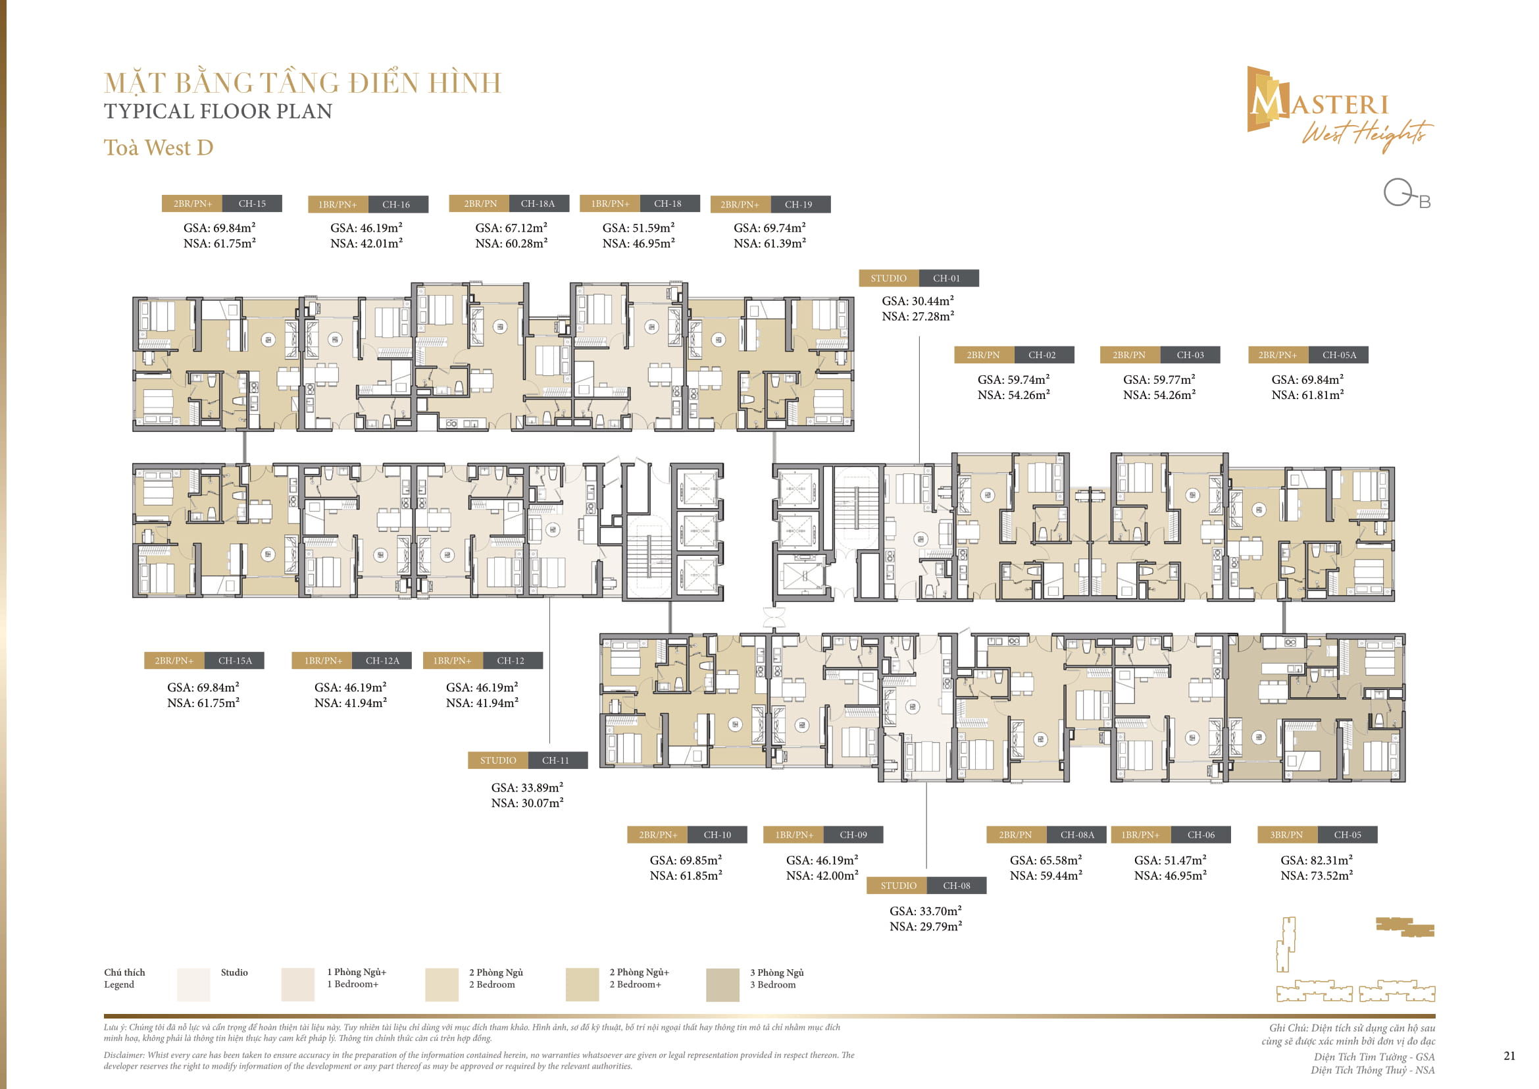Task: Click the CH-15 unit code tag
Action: point(252,203)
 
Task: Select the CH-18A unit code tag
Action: point(538,203)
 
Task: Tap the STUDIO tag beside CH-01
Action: point(888,279)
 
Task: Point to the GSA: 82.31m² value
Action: point(1317,860)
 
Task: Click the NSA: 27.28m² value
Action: point(918,317)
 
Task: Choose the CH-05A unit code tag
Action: point(1338,355)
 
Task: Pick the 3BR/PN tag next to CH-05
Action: point(1286,835)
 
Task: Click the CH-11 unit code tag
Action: point(555,760)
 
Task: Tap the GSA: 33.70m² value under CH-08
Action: point(925,911)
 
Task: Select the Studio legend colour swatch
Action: point(193,984)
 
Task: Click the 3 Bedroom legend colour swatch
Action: point(722,984)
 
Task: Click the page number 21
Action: point(1509,1055)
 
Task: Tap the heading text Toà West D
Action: point(158,147)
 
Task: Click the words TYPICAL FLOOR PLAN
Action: point(218,111)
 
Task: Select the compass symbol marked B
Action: point(1405,194)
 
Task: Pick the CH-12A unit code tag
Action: point(382,660)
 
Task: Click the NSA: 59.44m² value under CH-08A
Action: point(1046,875)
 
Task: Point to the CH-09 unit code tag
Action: point(853,835)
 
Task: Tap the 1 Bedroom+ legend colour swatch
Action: point(297,984)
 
